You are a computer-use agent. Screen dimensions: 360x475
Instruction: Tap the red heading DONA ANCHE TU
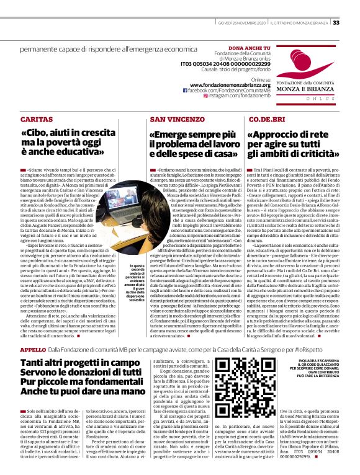[x=249, y=48]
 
